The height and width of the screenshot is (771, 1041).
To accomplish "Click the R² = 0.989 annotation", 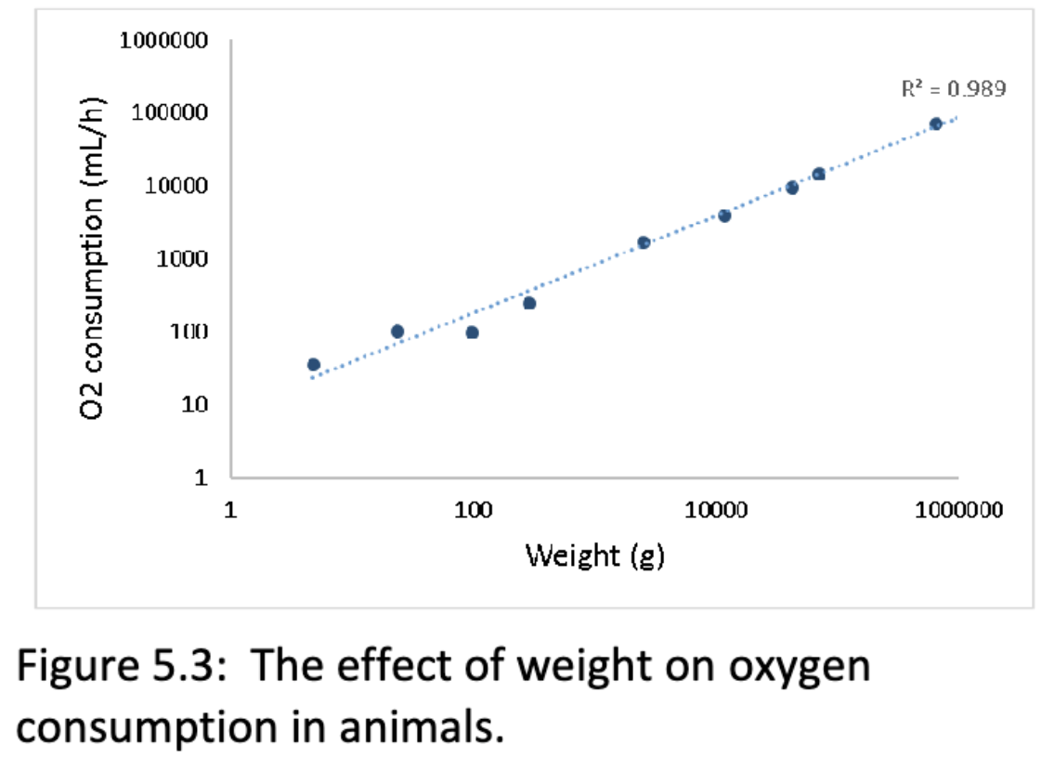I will point(953,89).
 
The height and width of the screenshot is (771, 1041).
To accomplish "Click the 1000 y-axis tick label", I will point(178,258).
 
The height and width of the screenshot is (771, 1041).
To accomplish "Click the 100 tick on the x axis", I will point(474,510).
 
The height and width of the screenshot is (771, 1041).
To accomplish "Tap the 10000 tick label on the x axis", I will point(716,510).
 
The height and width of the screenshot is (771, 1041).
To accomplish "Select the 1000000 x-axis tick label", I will point(957,510).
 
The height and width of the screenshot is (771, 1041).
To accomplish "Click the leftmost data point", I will point(314,364).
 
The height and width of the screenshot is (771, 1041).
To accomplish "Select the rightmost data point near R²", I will point(936,124).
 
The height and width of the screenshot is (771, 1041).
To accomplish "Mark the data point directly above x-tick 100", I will point(472,333).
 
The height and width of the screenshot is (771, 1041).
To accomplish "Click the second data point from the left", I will point(397,331).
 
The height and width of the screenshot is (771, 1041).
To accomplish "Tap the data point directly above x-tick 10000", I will point(724,216).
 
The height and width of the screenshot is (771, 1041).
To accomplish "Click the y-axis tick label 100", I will point(184,332).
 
